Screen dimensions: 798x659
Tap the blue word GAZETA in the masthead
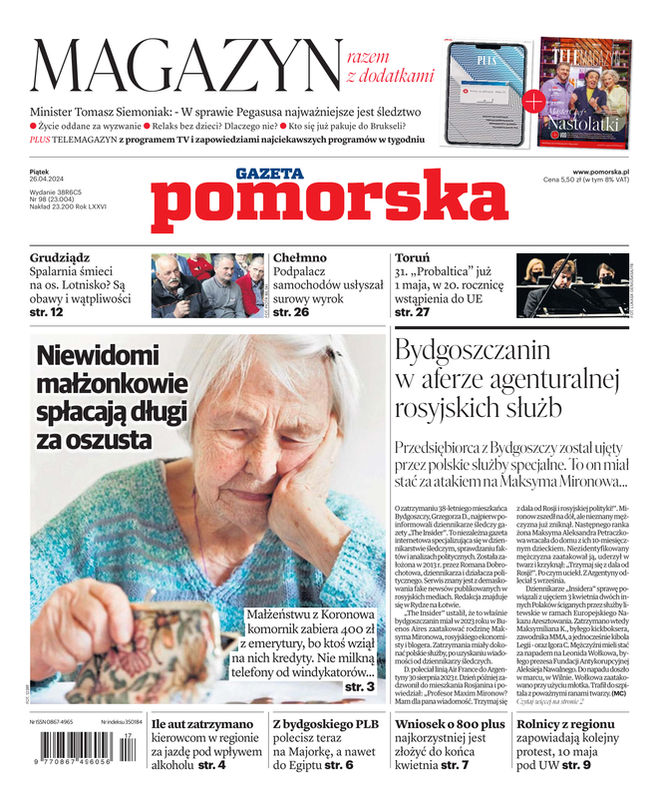[270, 174]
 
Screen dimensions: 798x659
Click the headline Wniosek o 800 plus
[450, 723]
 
